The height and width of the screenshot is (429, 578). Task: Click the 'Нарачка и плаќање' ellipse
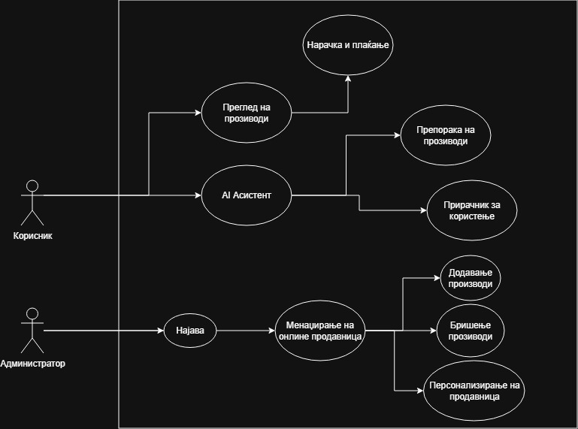(x=348, y=45)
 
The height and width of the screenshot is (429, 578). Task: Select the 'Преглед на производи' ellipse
(x=246, y=113)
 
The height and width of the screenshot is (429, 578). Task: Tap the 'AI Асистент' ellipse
(x=246, y=195)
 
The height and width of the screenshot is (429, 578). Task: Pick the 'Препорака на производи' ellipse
(x=445, y=135)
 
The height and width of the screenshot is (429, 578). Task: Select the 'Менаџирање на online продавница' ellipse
(x=320, y=330)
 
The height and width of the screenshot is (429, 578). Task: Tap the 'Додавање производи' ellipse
(x=470, y=278)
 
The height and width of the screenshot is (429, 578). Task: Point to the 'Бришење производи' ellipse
(x=471, y=331)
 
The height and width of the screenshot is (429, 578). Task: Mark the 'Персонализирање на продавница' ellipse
(x=473, y=390)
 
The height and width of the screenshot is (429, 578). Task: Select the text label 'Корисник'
(x=32, y=236)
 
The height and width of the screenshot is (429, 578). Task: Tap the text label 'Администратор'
(x=32, y=364)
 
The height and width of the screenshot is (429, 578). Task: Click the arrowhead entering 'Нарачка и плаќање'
(x=348, y=78)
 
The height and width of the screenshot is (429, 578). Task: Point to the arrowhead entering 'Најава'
(x=160, y=331)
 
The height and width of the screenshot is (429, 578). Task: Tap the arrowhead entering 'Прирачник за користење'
(x=423, y=210)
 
